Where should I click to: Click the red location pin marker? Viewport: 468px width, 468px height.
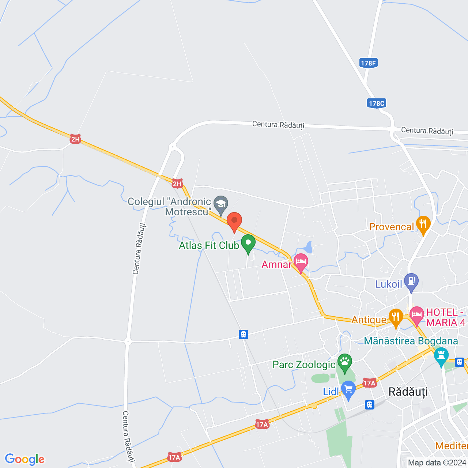tap(234, 222)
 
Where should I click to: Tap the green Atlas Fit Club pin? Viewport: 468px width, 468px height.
tap(248, 243)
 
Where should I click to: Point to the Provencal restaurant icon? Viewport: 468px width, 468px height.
tap(423, 224)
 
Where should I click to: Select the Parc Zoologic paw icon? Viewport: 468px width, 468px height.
tap(344, 362)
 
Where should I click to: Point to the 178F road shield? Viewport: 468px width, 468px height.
tap(368, 63)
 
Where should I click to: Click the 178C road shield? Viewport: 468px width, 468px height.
tap(377, 103)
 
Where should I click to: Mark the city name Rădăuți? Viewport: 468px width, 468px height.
tap(408, 392)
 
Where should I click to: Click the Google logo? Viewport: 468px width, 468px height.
tap(25, 459)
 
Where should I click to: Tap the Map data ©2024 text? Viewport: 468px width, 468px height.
tap(437, 463)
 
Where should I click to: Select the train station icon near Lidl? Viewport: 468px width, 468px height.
tap(370, 404)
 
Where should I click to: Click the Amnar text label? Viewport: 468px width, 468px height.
tap(276, 264)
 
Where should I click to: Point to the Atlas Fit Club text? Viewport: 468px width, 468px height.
tap(209, 245)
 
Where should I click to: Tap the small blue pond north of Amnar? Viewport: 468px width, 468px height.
tap(309, 248)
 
